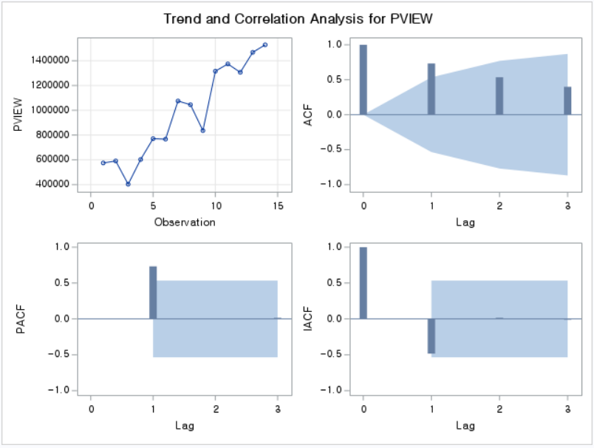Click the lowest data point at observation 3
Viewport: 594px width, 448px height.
[128, 184]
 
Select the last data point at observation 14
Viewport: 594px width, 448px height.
[265, 44]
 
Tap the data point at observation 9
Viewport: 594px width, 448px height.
[202, 130]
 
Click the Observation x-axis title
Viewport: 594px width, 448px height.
[184, 222]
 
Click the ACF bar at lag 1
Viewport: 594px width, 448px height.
[431, 89]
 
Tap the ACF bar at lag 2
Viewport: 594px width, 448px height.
[499, 96]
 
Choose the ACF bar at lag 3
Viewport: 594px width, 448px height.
[567, 101]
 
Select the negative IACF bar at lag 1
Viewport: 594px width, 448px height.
[431, 336]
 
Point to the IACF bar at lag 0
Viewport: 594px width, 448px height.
[363, 282]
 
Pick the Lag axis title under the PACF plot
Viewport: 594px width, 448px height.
[184, 425]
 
